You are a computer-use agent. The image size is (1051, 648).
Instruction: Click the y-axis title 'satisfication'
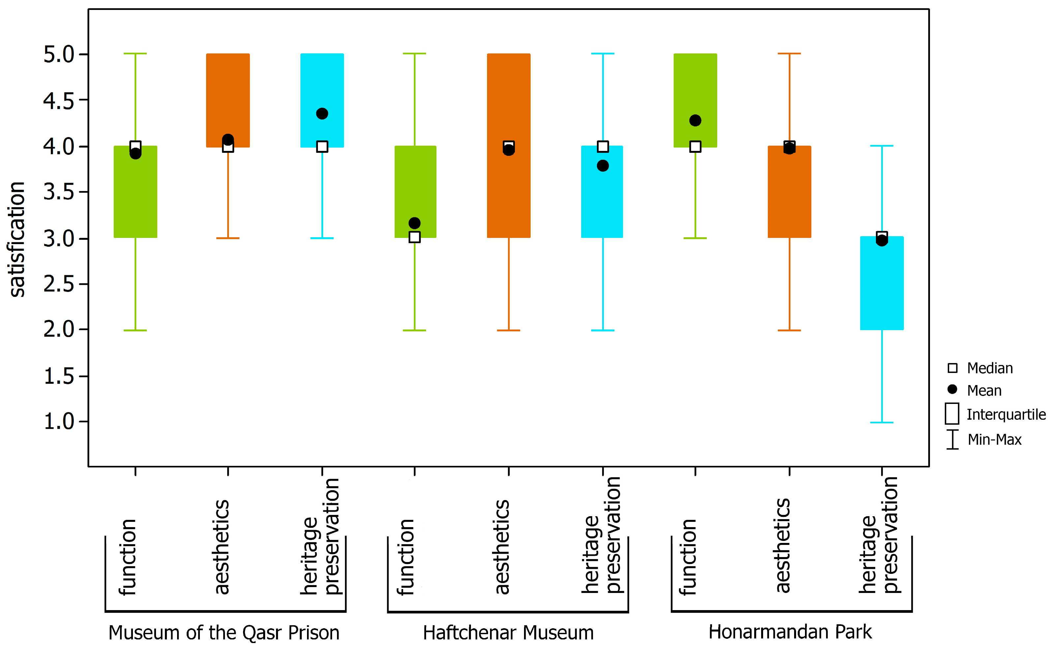[17, 239]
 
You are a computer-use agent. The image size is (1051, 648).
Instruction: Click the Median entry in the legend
[989, 368]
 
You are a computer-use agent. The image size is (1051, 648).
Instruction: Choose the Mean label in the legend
[984, 390]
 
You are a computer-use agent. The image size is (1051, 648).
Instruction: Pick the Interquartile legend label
[1005, 414]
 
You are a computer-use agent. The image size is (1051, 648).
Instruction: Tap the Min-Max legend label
[994, 439]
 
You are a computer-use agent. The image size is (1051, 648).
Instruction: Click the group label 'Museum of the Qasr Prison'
[224, 633]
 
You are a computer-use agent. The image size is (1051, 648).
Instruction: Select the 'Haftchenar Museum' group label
[508, 633]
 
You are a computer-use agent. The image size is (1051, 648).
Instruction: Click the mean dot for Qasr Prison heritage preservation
[322, 114]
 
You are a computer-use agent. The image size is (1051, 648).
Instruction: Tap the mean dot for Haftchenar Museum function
[415, 223]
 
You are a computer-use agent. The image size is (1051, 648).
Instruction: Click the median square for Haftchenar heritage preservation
[603, 147]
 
